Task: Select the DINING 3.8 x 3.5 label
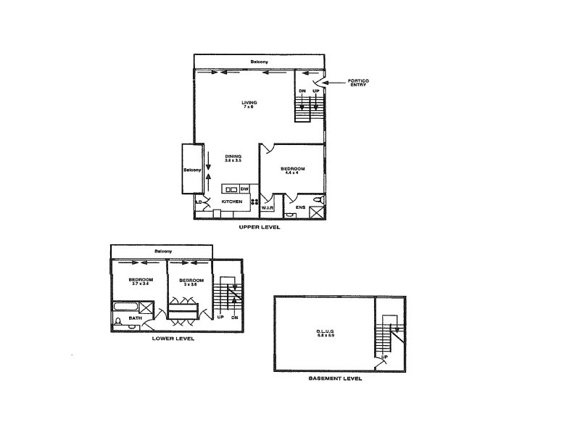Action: [233, 157]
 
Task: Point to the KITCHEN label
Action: [231, 202]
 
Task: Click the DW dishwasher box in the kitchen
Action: [244, 189]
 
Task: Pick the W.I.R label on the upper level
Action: [266, 206]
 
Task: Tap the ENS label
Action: [301, 207]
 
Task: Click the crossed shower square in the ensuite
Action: [317, 212]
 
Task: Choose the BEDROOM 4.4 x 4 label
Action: [293, 171]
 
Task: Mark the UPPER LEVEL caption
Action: [260, 228]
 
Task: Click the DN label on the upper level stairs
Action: [302, 92]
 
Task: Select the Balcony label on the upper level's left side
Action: [192, 170]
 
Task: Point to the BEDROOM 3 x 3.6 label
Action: [191, 281]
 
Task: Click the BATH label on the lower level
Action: [136, 318]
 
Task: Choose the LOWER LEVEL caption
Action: [173, 338]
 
